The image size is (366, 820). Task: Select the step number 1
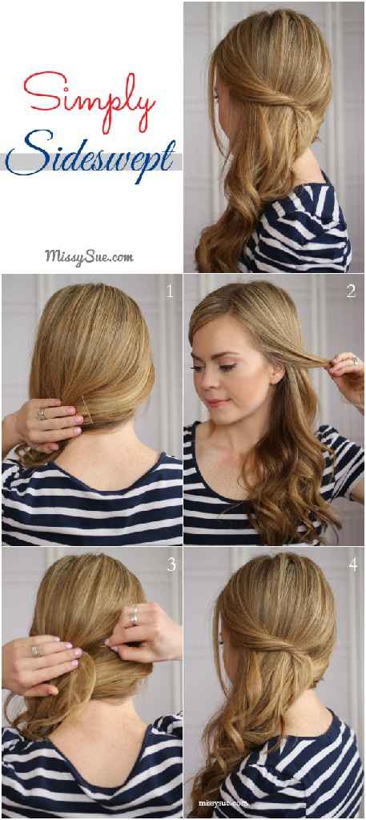pos(170,292)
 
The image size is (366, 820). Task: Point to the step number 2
pos(351,292)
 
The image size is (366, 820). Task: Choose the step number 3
pos(171,565)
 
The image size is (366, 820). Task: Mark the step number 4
pos(351,565)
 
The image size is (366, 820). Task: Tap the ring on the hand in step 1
pos(41,414)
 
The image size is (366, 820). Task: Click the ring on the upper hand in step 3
pos(135,617)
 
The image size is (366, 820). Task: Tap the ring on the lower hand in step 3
pos(35,650)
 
